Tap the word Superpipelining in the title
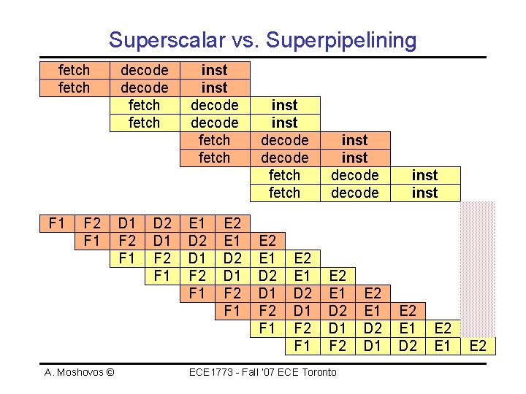pyautogui.click(x=342, y=39)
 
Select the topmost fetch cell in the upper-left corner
pyautogui.click(x=74, y=70)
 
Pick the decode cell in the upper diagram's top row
pyautogui.click(x=144, y=70)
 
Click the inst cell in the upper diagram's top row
pyautogui.click(x=214, y=70)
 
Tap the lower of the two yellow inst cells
pyautogui.click(x=424, y=193)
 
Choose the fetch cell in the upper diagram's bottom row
pyautogui.click(x=284, y=193)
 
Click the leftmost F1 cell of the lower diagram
pyautogui.click(x=56, y=223)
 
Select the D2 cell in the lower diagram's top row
pyautogui.click(x=161, y=223)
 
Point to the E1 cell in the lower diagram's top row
pyautogui.click(x=197, y=223)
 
